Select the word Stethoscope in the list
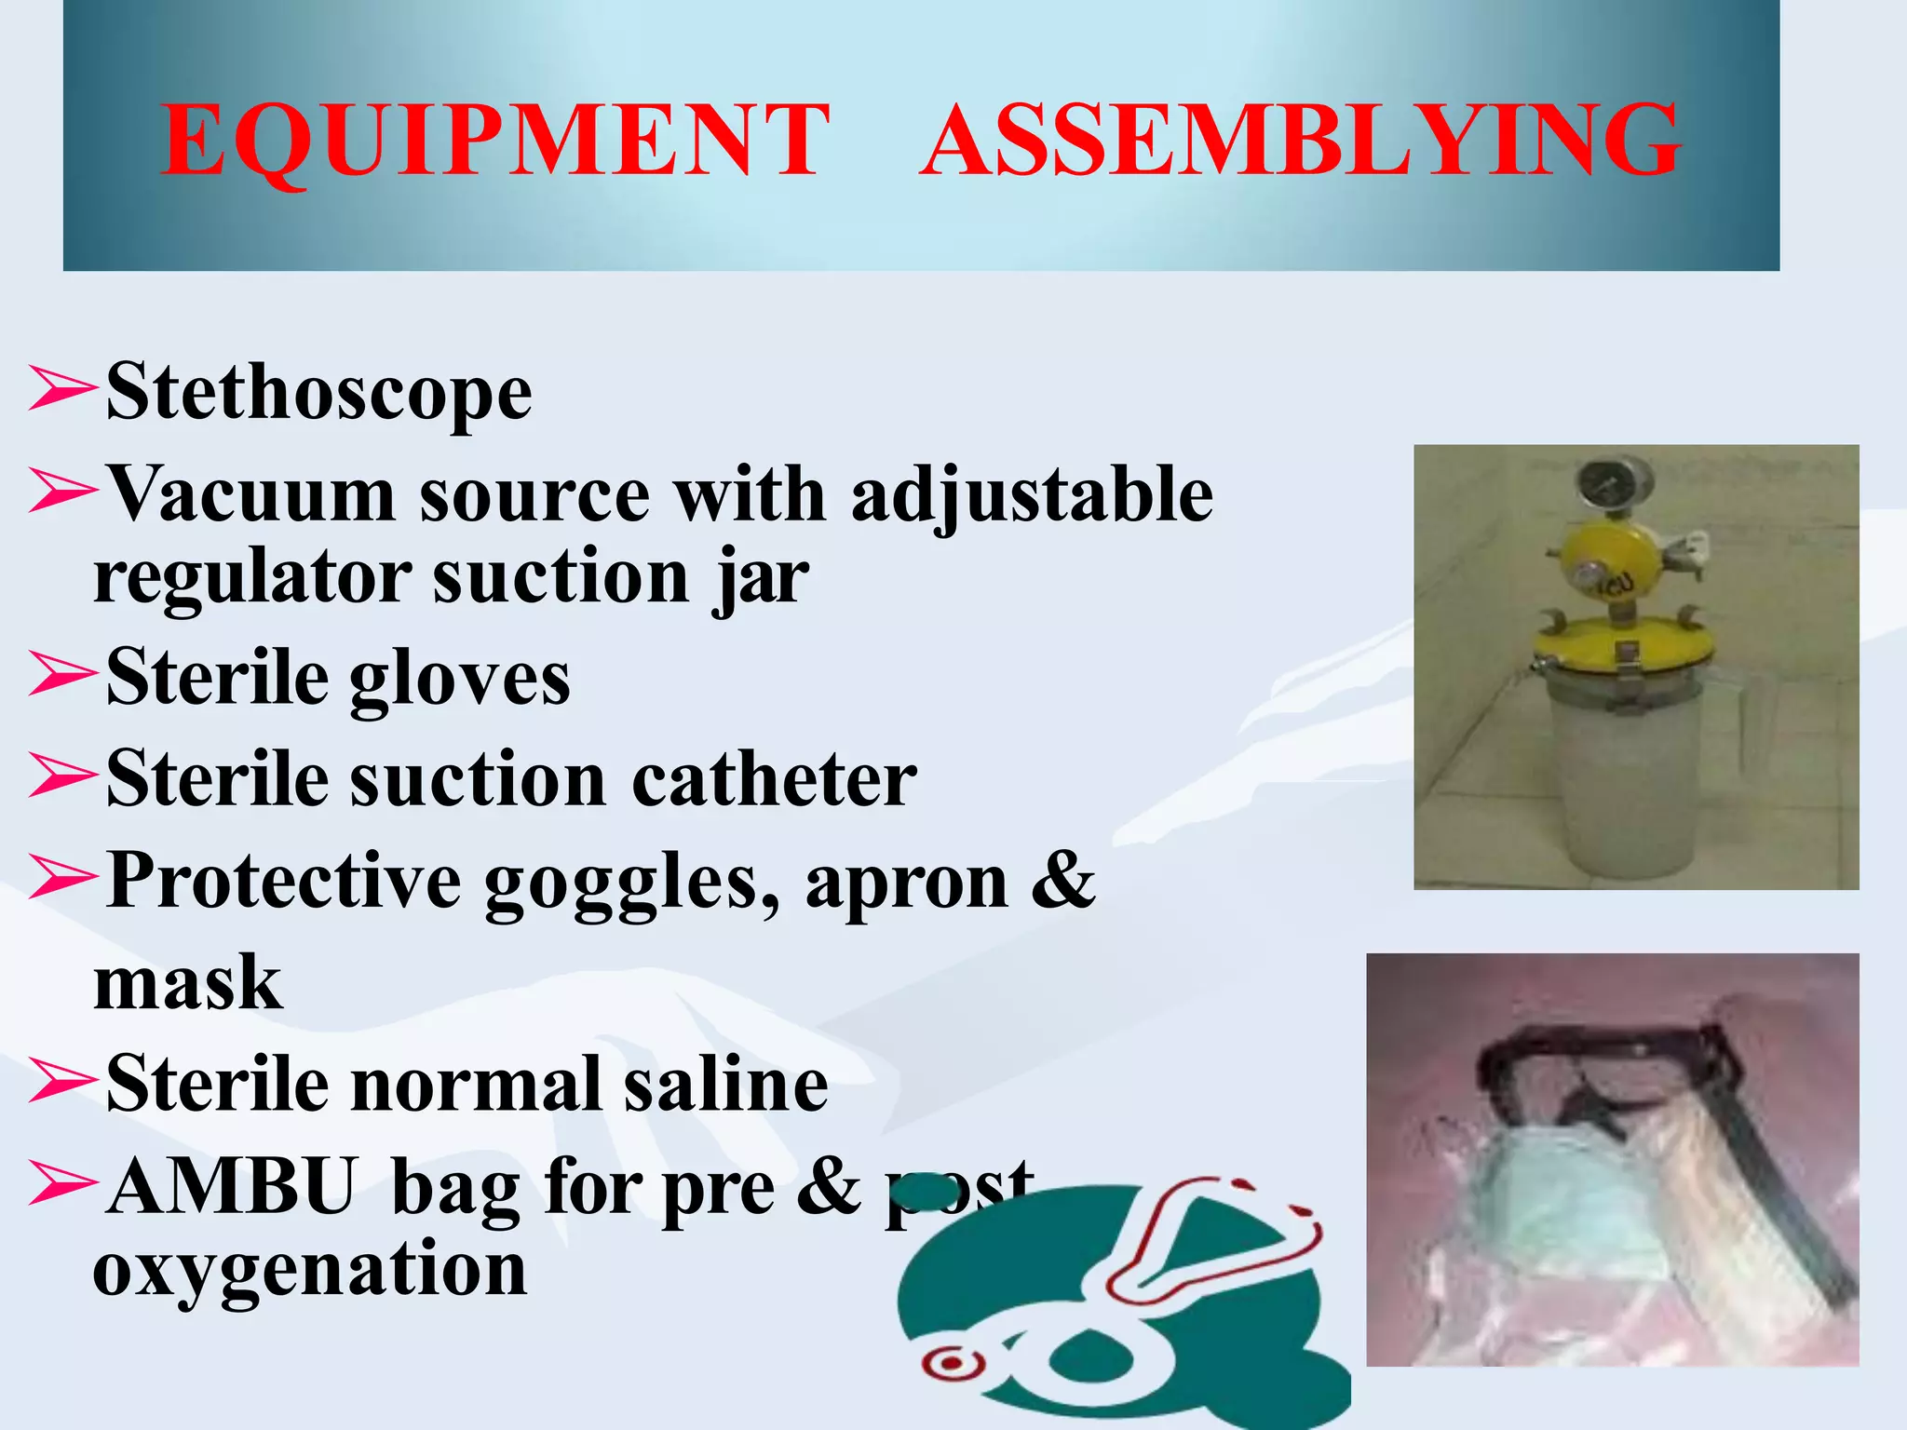coord(318,393)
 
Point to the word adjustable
coord(1032,495)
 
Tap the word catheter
coord(774,779)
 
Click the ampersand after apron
coord(1062,880)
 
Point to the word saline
coord(725,1085)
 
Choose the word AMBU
coord(231,1187)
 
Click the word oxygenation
coord(310,1269)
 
